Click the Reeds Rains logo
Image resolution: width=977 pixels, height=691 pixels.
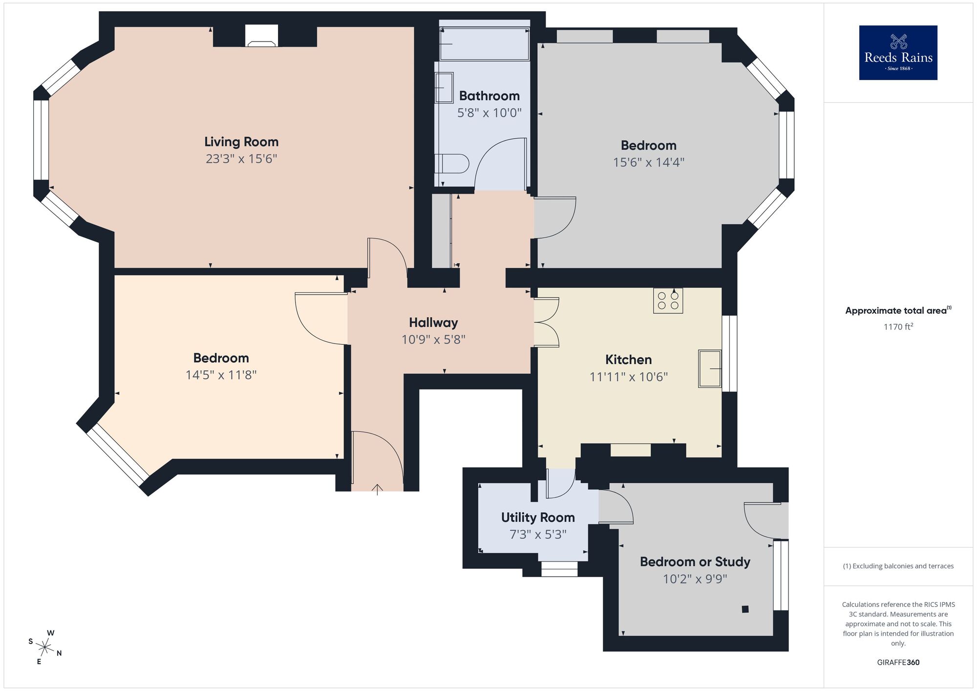coord(898,53)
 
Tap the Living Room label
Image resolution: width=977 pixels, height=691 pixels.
coord(241,142)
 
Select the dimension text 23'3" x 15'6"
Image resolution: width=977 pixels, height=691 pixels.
coord(241,159)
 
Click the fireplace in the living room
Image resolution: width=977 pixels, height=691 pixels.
coord(262,37)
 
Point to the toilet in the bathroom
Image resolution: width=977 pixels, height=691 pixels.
coord(452,164)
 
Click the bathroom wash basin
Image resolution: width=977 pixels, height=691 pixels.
coord(444,87)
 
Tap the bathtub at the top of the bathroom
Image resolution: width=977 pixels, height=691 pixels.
coord(484,44)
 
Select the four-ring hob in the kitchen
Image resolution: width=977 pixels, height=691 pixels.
coord(668,300)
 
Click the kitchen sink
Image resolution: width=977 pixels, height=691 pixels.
coord(709,368)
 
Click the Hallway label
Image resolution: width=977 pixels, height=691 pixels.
coord(433,323)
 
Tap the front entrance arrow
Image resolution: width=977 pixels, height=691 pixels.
coord(377,489)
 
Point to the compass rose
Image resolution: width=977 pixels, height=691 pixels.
coord(45,648)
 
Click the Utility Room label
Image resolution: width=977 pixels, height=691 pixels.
coord(538,518)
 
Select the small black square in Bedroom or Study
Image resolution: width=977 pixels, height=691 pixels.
coord(745,609)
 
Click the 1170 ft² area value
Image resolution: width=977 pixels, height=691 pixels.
coord(898,326)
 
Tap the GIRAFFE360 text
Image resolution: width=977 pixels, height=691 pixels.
coord(898,663)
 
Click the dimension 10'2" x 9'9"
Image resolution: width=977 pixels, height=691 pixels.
coord(695,579)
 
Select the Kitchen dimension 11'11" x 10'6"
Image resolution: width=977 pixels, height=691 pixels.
coord(628,377)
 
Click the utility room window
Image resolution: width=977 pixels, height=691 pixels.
coord(559,569)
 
